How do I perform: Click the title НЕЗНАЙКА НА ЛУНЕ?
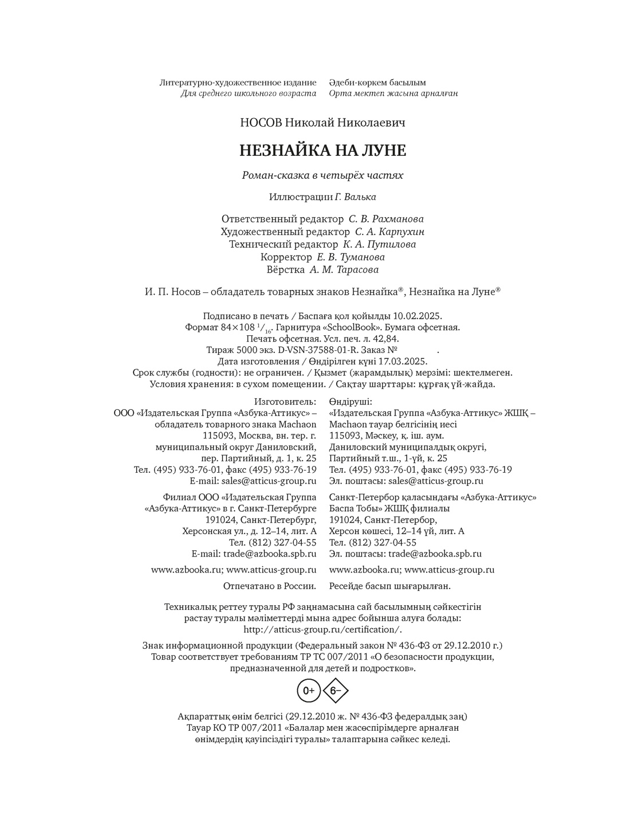tap(322, 151)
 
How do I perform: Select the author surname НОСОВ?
tap(261, 122)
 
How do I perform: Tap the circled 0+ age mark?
tap(308, 691)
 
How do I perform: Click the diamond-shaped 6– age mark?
tap(336, 691)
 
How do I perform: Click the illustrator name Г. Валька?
tap(356, 197)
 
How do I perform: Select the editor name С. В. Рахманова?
tap(386, 219)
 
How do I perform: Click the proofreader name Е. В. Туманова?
tap(351, 257)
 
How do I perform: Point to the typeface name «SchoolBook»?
tap(353, 328)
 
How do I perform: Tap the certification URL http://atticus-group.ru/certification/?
tap(322, 629)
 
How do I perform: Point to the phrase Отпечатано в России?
tap(270, 586)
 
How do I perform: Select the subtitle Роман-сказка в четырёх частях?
tap(322, 175)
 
